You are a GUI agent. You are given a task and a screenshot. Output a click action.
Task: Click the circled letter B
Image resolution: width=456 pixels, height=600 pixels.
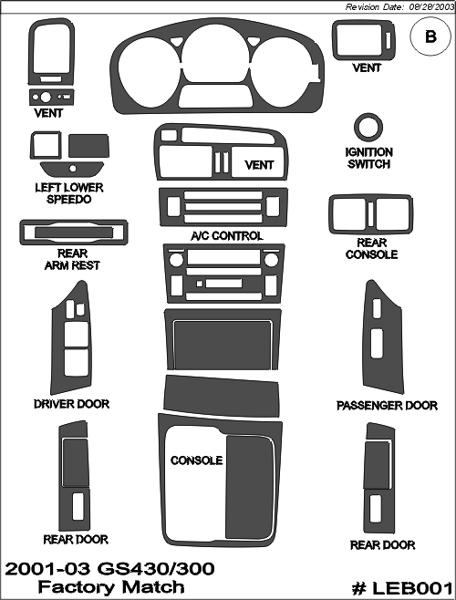tap(430, 36)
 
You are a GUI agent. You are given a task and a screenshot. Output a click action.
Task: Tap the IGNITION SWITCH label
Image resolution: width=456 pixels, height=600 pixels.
tap(368, 158)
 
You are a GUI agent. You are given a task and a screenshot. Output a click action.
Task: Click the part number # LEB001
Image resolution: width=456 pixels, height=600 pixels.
tap(402, 588)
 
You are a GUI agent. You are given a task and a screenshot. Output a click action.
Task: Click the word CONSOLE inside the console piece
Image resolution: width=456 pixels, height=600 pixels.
tap(196, 460)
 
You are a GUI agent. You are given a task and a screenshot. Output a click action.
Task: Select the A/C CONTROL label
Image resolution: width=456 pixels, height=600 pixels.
tap(227, 235)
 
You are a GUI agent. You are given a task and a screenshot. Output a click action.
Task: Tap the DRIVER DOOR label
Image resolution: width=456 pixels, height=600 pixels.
tap(72, 404)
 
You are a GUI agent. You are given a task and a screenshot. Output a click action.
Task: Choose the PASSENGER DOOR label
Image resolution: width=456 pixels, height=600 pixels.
tap(387, 406)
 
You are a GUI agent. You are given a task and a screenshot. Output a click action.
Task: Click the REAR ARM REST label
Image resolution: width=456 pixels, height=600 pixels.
tap(72, 260)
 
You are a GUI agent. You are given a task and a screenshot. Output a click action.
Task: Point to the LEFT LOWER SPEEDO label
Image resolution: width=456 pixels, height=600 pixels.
tap(69, 193)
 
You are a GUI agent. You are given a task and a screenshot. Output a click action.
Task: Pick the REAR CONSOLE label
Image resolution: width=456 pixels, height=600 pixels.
tap(371, 249)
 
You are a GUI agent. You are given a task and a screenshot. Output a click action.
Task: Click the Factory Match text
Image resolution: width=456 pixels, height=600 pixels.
tap(111, 587)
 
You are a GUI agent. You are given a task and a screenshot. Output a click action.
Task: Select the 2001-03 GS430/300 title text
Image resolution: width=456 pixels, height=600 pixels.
tap(109, 569)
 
